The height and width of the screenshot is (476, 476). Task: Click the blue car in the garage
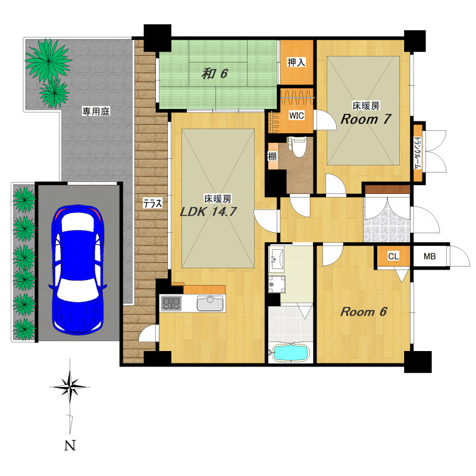pos(77,270)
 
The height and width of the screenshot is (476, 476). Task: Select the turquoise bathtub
pos(290,352)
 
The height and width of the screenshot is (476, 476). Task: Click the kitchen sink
pos(211,303)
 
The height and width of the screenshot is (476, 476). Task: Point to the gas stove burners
pos(171,303)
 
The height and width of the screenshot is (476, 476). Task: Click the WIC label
pos(296,115)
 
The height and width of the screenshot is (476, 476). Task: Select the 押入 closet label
pos(296,62)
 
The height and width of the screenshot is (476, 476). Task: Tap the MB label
pos(430,256)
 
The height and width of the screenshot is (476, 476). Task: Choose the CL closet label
pos(393,256)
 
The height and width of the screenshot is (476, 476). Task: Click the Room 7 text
pos(365,119)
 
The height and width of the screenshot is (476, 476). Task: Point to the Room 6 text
pos(364,311)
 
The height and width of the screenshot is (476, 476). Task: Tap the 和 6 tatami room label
pos(215,73)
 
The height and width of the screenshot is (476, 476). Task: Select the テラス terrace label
pos(153,203)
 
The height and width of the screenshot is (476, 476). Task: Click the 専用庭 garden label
pos(96,111)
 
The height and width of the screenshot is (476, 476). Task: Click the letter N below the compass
pos(70,446)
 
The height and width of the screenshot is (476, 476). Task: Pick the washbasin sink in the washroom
pos(277,259)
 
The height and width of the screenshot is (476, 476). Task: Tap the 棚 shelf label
pos(272,156)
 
